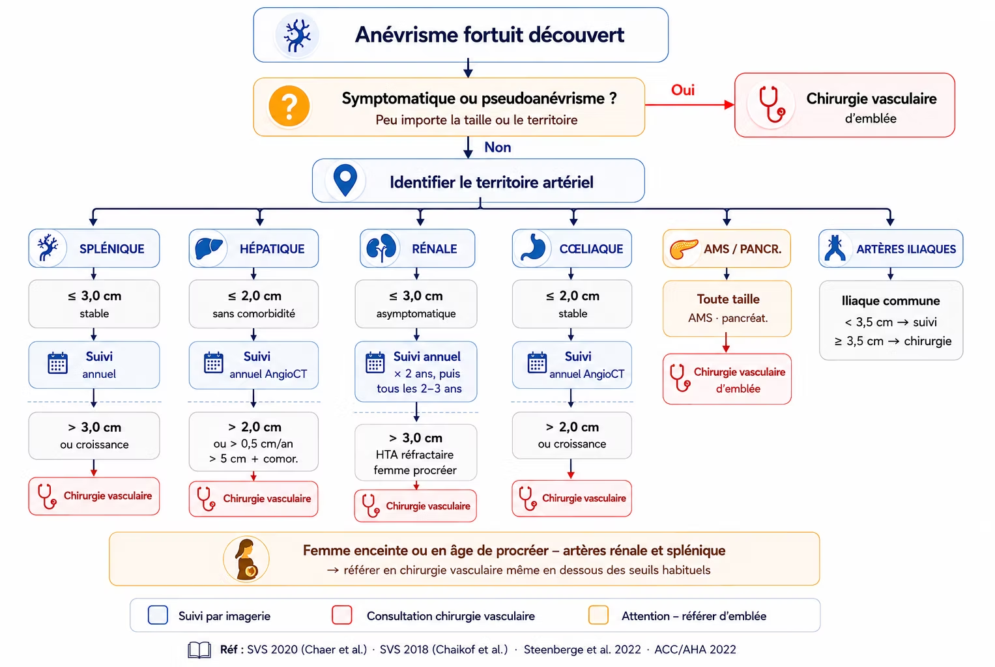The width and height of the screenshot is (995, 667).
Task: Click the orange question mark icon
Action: [289, 106]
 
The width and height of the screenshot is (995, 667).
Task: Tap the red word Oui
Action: [683, 90]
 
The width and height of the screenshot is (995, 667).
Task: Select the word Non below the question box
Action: [498, 147]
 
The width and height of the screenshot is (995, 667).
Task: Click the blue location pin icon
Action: [345, 180]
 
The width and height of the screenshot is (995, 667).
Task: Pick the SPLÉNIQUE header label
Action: [112, 249]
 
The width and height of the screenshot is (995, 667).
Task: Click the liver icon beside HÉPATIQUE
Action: [209, 248]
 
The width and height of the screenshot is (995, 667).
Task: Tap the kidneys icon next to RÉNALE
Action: [381, 248]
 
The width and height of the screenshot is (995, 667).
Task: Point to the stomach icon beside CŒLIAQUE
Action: [533, 247]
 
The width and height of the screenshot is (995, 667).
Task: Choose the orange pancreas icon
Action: [683, 249]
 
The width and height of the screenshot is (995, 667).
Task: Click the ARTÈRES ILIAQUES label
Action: [906, 249]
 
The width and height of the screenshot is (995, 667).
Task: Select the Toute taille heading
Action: [728, 300]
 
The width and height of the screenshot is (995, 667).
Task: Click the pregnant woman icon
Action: [246, 559]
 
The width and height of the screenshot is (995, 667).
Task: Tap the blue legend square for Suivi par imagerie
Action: [158, 615]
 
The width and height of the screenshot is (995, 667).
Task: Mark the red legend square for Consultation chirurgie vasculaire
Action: [342, 615]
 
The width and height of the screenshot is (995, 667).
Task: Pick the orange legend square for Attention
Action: [598, 615]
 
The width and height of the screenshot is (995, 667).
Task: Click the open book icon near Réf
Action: [199, 649]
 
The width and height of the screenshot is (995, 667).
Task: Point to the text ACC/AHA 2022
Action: [695, 649]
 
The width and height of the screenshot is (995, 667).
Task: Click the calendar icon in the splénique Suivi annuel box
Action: [58, 363]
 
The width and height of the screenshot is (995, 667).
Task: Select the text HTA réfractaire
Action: [414, 455]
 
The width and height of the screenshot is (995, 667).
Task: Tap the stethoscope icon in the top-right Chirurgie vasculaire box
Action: [771, 104]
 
